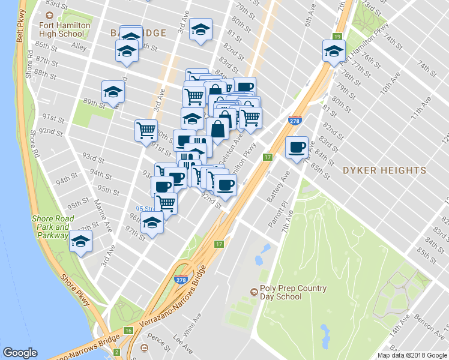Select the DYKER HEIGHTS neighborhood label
coord(384,170)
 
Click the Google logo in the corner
coord(20,353)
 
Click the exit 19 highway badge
coord(338,37)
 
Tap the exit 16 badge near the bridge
coord(128,331)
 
